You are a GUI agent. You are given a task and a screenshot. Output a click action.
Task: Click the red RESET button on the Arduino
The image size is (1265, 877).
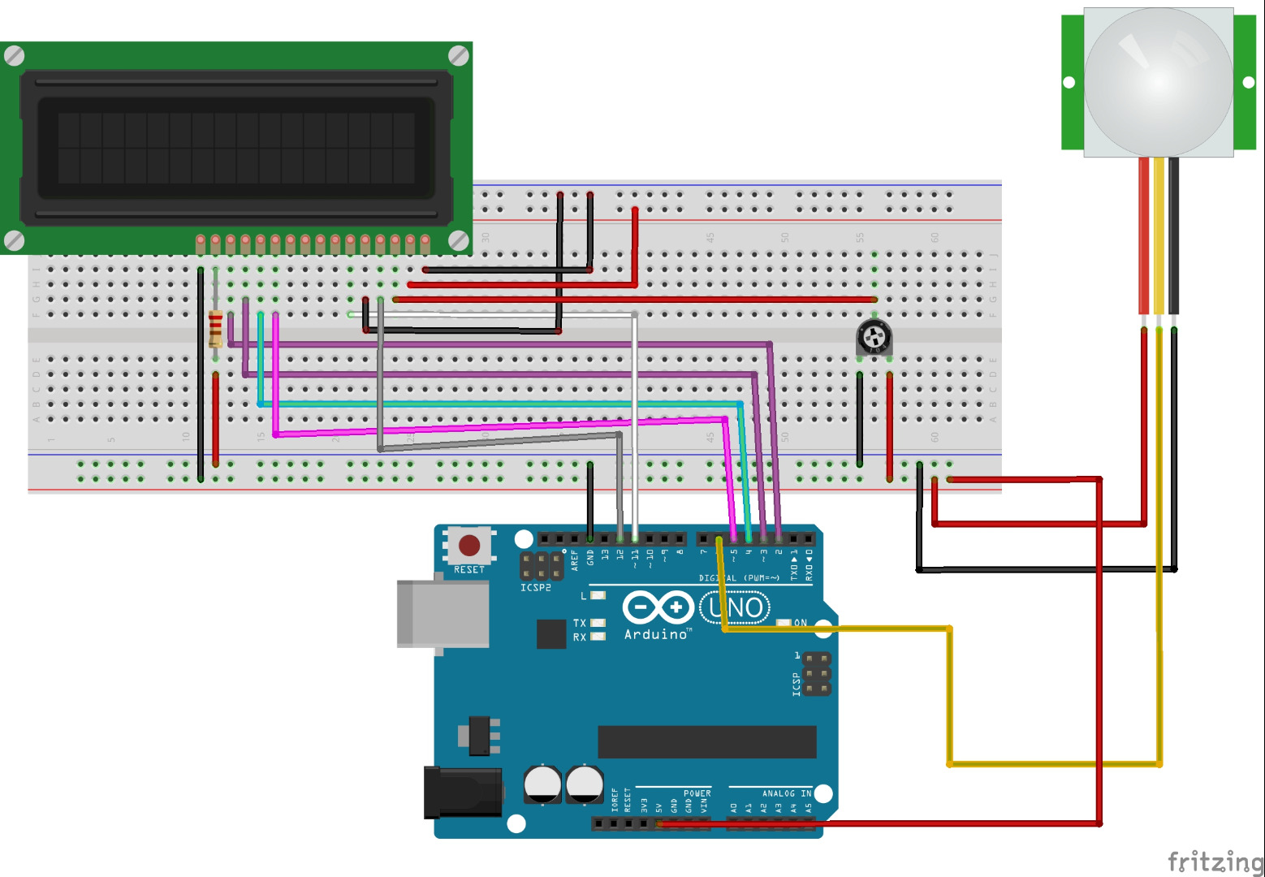469,545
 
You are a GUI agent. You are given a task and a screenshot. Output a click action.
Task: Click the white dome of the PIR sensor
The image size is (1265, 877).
1158,82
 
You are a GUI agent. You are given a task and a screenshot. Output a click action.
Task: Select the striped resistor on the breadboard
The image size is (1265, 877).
216,328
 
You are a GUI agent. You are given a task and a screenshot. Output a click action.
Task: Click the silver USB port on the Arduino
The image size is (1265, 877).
442,613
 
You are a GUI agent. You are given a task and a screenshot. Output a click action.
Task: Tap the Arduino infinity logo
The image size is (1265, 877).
657,607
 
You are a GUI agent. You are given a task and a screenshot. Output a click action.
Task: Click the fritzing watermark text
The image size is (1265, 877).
1215,860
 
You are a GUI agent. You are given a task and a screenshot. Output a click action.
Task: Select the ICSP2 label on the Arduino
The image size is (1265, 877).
536,587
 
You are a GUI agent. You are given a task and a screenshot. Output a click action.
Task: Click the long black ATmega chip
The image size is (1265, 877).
706,741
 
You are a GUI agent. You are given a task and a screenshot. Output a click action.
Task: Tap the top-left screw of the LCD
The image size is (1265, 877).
15,56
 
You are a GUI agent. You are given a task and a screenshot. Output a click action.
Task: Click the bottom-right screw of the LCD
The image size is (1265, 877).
459,240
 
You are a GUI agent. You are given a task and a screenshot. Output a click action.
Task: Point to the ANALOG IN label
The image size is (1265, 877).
786,793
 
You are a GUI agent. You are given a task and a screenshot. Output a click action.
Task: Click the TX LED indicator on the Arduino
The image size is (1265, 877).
598,623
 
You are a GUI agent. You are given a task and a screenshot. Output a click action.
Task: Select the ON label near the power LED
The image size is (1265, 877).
801,623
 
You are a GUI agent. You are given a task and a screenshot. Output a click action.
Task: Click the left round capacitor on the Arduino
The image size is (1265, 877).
542,784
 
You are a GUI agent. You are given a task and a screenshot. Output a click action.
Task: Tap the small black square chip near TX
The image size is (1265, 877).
551,633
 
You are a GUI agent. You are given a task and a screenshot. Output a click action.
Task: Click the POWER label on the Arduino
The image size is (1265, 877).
697,793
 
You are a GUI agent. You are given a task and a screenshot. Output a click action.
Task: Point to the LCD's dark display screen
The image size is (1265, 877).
236,148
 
